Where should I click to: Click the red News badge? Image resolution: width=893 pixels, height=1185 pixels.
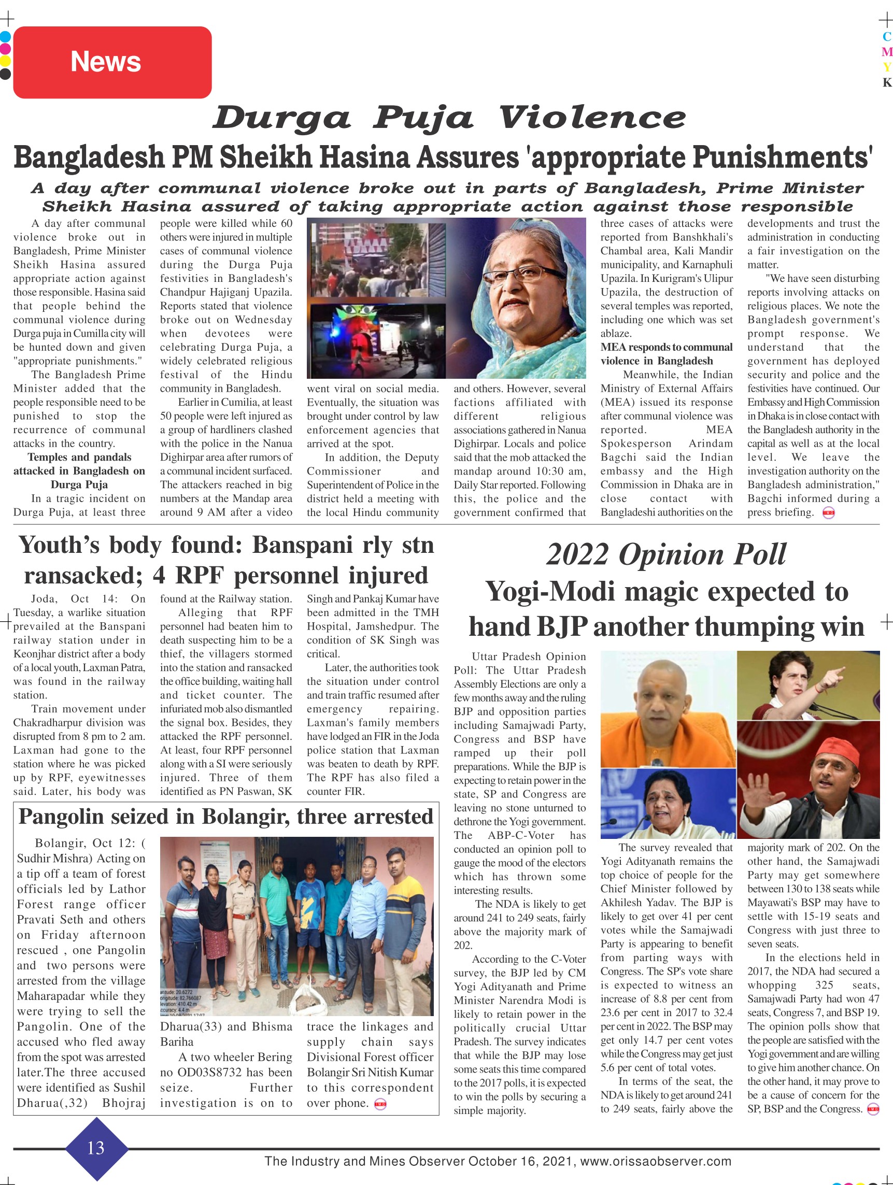[x=112, y=62]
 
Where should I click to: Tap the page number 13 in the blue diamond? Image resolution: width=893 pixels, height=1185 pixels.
[x=96, y=1148]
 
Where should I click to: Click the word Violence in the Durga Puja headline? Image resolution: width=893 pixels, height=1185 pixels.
[x=592, y=118]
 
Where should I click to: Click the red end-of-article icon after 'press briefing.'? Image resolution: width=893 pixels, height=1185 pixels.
[x=828, y=512]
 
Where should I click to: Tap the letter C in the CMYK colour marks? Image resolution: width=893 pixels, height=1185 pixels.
[x=887, y=36]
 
